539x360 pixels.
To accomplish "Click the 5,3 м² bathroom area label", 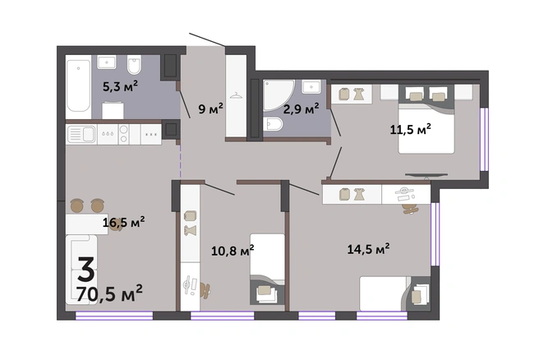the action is click(x=120, y=86).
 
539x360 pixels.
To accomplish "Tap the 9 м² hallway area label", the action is click(x=210, y=108).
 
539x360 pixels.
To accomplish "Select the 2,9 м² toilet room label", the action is click(x=301, y=108).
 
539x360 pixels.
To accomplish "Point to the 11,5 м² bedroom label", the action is click(x=411, y=129).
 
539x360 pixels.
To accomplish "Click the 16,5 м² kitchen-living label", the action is click(x=124, y=222).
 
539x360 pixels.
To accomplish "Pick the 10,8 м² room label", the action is click(x=233, y=251).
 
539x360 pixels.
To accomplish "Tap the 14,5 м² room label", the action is click(x=368, y=248).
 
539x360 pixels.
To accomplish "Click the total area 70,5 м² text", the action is click(x=109, y=293).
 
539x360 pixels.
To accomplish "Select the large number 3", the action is click(x=86, y=270).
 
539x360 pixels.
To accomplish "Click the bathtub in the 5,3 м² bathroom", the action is click(x=79, y=86).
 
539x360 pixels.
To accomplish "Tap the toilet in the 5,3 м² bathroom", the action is click(x=134, y=65).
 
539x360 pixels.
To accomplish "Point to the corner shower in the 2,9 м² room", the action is click(x=279, y=95).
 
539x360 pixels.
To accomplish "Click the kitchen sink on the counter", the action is click(x=81, y=134).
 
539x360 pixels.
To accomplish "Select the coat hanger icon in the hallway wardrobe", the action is click(x=236, y=96).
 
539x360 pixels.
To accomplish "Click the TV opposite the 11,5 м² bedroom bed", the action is click(x=426, y=176).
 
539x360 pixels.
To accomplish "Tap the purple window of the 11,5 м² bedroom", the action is click(x=484, y=139).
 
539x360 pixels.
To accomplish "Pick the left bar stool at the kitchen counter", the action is click(x=77, y=205).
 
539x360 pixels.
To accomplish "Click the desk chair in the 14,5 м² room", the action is click(x=409, y=209).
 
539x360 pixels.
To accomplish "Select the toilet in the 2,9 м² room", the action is click(x=274, y=124).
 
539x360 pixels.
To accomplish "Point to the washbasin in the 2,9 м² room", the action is click(x=311, y=86).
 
